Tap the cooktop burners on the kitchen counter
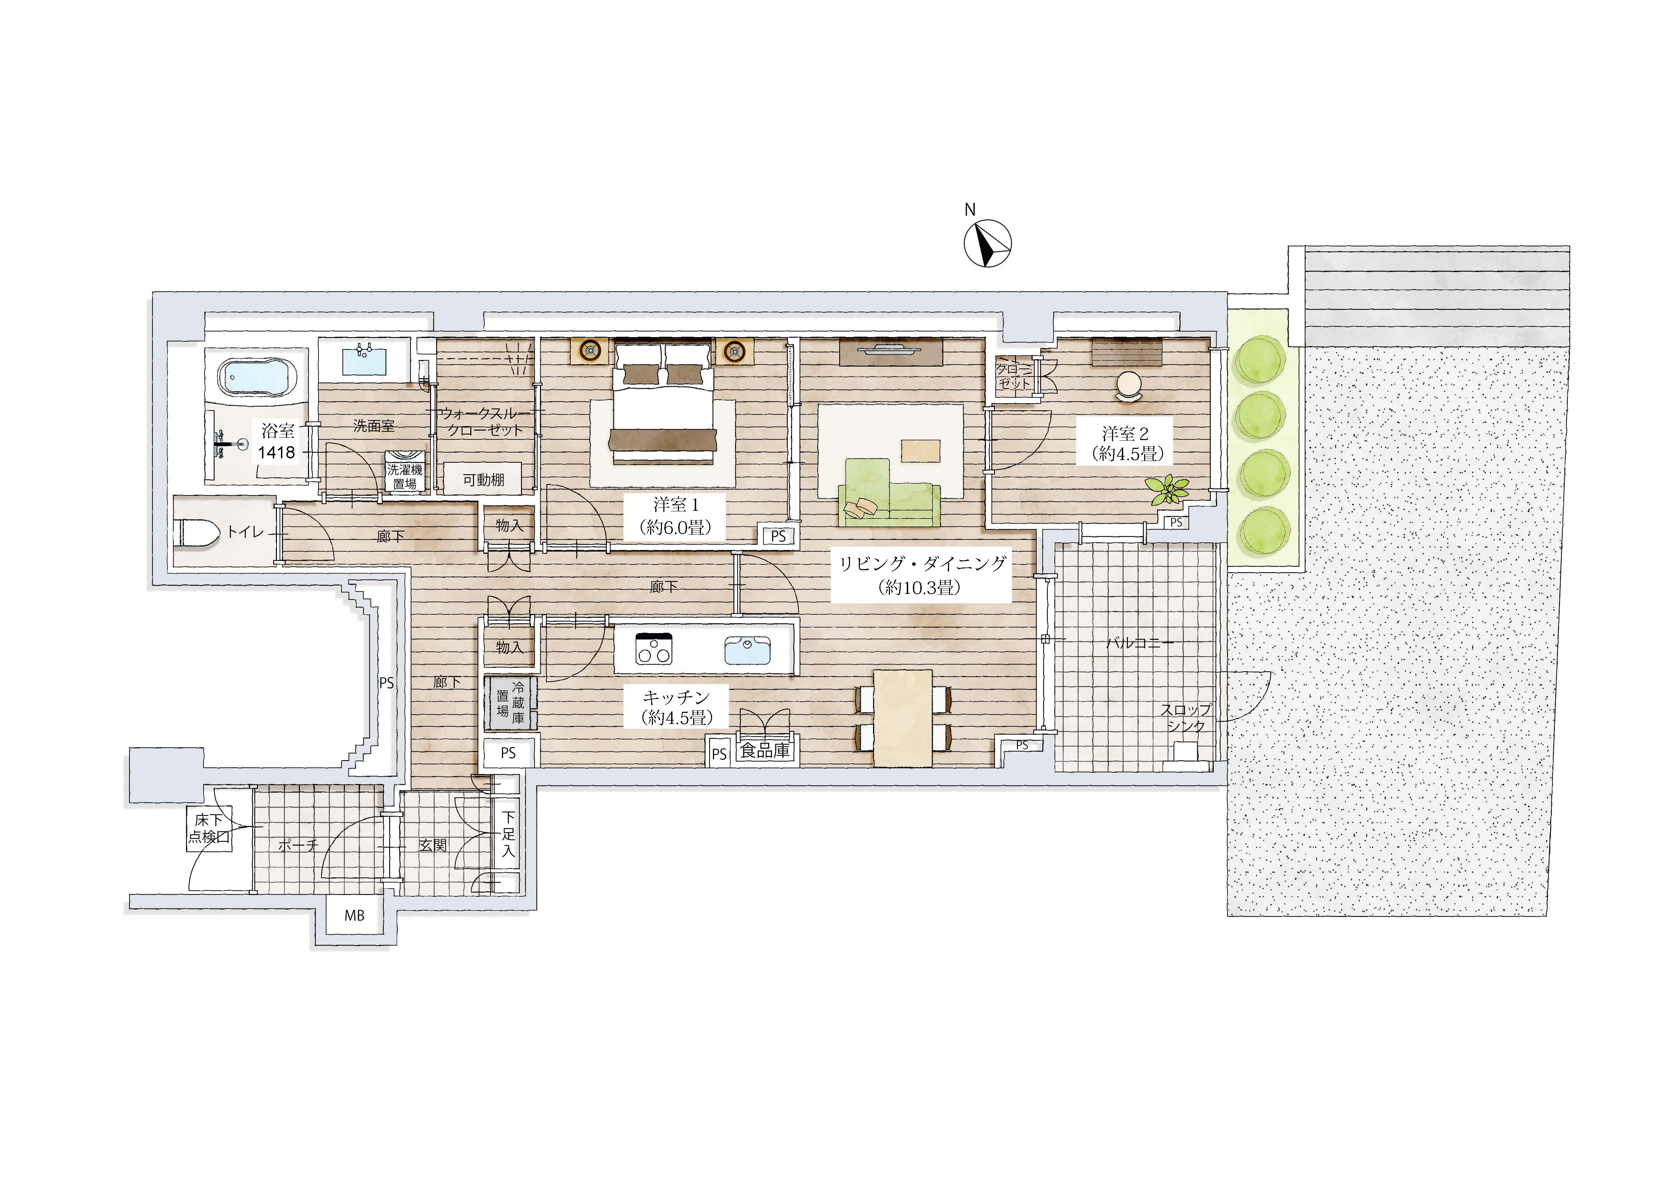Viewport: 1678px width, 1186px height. [653, 648]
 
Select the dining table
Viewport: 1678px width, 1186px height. [903, 718]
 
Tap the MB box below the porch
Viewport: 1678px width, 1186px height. [354, 915]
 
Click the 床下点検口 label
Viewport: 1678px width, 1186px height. [209, 829]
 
